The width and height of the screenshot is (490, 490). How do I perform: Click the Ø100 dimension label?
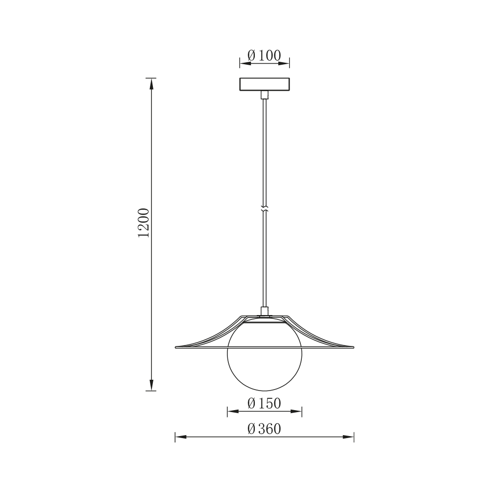(x=265, y=55)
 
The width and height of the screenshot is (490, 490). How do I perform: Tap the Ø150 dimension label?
(x=265, y=403)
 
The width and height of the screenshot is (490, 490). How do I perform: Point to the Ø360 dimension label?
(x=265, y=429)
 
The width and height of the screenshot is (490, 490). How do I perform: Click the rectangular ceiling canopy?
(x=265, y=84)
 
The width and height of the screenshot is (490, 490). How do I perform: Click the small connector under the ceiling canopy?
(x=265, y=95)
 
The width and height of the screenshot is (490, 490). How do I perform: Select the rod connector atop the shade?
(x=265, y=311)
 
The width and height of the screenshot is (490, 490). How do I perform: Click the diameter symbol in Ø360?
(x=251, y=429)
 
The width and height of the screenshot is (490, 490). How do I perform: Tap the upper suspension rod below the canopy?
(x=265, y=147)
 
